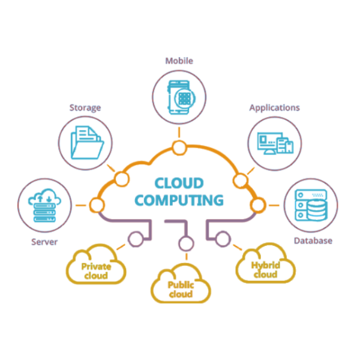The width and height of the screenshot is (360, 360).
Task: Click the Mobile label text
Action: (x=179, y=61)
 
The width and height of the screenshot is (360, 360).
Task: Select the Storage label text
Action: (x=85, y=108)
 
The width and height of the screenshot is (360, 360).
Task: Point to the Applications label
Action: (x=274, y=108)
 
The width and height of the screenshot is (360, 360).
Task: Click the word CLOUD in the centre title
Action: (x=179, y=183)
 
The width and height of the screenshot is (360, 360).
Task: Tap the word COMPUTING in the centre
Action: (x=179, y=200)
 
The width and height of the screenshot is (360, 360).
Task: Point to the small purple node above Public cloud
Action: (x=185, y=244)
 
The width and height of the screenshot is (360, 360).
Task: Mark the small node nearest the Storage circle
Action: (x=121, y=178)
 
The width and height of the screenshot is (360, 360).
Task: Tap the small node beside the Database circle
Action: (x=258, y=205)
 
